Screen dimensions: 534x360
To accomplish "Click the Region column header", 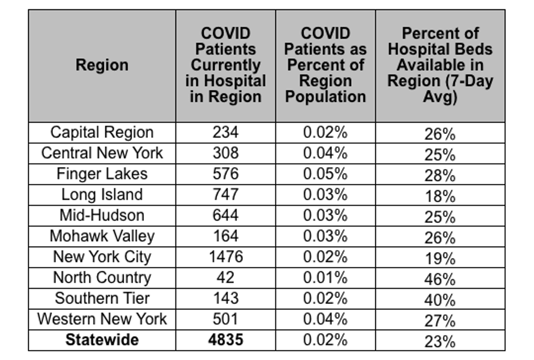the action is [102, 65].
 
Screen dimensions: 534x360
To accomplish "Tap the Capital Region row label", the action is [102, 132].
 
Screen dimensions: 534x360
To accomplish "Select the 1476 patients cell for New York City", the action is [226, 257].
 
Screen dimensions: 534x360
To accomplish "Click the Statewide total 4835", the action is [226, 340].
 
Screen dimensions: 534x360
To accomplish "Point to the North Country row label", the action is [102, 278].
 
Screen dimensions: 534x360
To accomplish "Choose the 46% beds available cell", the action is [440, 279].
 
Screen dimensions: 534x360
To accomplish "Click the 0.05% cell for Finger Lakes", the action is [326, 174].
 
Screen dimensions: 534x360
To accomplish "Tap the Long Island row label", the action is [102, 194].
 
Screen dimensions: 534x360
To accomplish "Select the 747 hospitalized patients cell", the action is [226, 194].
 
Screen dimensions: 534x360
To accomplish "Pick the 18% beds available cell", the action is [440, 196].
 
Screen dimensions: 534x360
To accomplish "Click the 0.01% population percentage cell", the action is [326, 277].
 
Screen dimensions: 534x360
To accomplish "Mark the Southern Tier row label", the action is [102, 298].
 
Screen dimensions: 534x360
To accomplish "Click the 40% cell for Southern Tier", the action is [440, 300].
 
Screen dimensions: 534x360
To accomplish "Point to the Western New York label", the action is [102, 319].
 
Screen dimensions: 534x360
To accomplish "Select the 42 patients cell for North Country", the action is [226, 277].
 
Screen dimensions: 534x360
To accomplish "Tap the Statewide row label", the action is [102, 340].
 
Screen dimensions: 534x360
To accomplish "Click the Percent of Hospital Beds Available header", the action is [440, 65].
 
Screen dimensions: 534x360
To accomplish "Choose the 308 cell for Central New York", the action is [226, 153].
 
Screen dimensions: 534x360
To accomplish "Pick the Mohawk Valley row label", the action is [102, 236].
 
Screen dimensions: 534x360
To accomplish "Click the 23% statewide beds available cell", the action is [440, 341].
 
